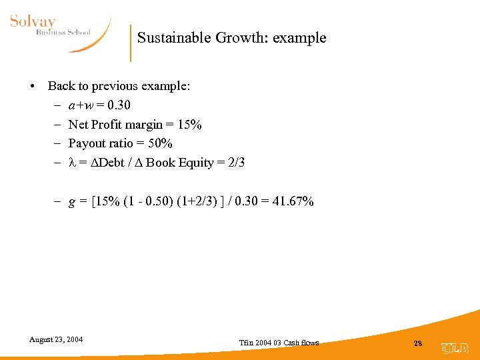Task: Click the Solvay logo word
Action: point(33,23)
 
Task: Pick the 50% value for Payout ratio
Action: point(161,143)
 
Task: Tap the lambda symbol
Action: point(72,162)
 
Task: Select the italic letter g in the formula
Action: point(72,203)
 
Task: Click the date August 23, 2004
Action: point(56,339)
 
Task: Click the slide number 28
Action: point(417,343)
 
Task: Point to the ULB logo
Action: point(455,347)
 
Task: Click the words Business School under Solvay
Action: point(63,33)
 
